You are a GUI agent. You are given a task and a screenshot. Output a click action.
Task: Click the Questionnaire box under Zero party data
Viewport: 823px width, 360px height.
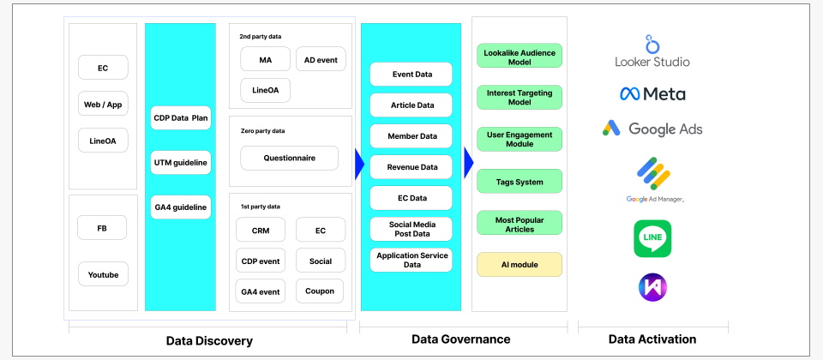289,158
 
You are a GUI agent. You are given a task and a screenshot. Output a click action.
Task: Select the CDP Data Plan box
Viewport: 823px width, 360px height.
181,118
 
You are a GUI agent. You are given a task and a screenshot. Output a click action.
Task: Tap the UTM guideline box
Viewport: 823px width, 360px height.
181,163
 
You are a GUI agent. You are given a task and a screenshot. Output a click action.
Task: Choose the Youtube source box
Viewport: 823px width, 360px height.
103,274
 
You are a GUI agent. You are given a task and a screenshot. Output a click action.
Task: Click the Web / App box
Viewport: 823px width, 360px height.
103,105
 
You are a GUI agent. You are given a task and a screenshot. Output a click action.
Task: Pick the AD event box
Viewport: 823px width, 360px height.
321,59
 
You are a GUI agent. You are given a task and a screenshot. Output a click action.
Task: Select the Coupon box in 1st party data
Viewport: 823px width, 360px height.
320,291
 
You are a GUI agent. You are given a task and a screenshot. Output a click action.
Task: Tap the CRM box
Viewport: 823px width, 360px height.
261,230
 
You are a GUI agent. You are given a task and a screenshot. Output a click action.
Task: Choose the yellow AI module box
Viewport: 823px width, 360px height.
520,265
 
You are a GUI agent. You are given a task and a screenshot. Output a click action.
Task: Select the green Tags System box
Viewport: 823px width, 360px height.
520,182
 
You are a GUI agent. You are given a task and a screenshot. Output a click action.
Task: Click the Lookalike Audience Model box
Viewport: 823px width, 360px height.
520,56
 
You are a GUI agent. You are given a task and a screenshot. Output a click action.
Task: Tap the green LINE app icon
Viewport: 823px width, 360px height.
652,239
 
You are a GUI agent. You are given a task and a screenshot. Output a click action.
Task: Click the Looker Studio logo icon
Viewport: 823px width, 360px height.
652,45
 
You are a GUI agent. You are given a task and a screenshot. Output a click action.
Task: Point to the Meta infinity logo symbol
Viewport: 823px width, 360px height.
629,94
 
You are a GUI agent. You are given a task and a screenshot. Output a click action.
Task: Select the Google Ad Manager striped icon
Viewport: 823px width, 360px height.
654,173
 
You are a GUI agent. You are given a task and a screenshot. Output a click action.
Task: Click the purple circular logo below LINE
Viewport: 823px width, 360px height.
652,287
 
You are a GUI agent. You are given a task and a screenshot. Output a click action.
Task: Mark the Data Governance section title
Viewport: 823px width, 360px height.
461,339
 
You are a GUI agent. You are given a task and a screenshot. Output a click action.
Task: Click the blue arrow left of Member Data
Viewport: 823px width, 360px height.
359,164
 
